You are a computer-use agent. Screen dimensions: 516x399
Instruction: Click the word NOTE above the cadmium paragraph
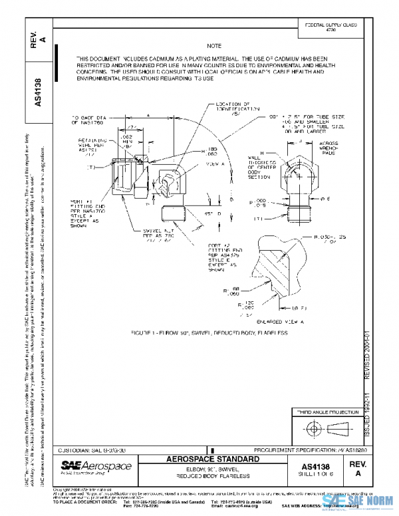[213, 47]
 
